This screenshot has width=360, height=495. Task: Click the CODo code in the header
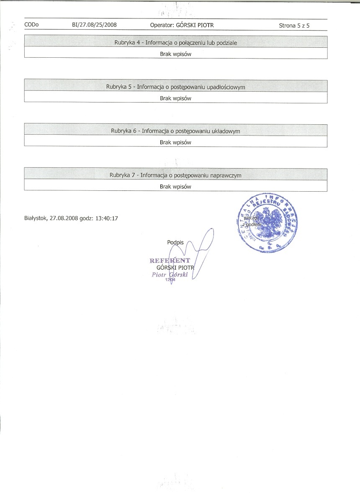31,25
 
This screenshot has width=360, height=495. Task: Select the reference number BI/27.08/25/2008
94,25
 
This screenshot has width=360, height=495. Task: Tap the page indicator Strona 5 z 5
297,26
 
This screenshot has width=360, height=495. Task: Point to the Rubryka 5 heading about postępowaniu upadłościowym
175,87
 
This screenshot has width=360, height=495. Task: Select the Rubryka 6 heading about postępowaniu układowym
175,131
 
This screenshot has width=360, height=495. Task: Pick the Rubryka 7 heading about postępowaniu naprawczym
175,175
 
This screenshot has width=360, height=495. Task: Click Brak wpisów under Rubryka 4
175,54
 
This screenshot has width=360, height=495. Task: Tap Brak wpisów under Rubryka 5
175,98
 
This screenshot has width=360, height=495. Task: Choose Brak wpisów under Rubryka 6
175,142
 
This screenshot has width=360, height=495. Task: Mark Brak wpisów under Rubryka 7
175,187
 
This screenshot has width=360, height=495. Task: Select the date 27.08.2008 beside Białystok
64,218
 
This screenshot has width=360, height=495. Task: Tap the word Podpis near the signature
175,242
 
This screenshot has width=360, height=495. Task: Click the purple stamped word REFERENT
170,261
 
